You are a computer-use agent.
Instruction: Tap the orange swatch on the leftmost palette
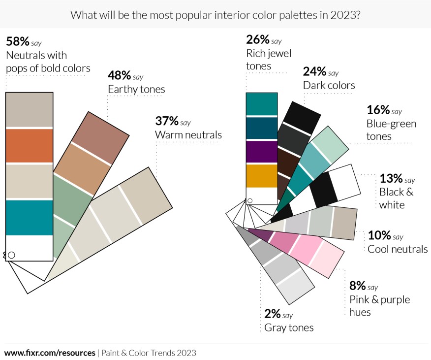pos(29,146)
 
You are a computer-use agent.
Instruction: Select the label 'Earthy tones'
pos(136,89)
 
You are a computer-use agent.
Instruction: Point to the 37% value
pos(166,121)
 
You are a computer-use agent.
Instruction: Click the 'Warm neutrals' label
pos(188,134)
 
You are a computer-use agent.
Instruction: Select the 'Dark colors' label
pos(329,86)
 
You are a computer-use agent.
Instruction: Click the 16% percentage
pos(378,110)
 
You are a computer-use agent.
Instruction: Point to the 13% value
pos(391,178)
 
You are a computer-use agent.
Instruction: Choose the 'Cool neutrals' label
pos(398,249)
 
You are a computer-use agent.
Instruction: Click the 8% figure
pos(357,286)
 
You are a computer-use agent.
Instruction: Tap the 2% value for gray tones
pos(272,314)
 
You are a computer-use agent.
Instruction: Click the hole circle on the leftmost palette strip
pos(11,255)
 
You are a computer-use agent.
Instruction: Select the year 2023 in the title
pos(344,14)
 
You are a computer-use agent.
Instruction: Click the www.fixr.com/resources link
pos(50,353)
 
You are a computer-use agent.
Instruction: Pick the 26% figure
pos(257,40)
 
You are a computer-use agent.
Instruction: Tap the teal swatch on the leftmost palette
pos(29,217)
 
